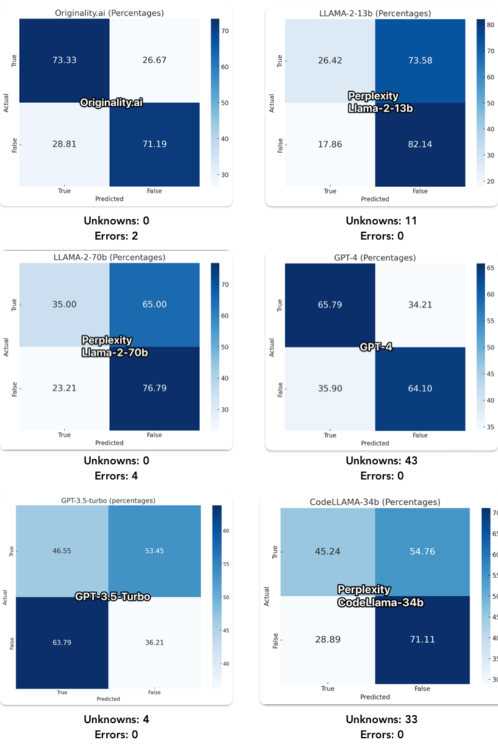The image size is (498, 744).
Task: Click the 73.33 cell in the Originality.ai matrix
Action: [64, 60]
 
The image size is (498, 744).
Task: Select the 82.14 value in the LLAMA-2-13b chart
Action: [420, 145]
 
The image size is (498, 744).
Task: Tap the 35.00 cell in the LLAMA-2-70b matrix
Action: [64, 304]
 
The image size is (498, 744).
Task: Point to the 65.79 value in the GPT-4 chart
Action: [330, 304]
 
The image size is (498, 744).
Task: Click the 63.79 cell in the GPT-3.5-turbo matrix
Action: [62, 643]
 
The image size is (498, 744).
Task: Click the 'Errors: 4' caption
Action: [116, 476]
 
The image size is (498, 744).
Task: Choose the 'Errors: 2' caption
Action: [116, 236]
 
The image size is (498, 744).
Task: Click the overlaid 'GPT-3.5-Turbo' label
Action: [112, 596]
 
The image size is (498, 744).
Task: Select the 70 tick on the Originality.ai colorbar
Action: [224, 30]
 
